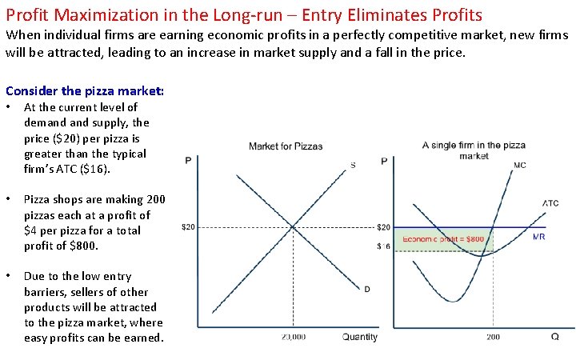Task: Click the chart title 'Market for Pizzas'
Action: tap(286, 146)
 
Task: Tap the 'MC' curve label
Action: tap(520, 166)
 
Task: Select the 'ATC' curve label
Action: tap(550, 203)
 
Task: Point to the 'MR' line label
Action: tap(540, 236)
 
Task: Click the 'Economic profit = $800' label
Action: tap(443, 238)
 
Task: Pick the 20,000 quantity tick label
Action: tap(294, 337)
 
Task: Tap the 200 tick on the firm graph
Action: tap(493, 337)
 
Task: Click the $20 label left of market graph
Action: tap(188, 227)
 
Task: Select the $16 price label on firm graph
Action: tap(384, 246)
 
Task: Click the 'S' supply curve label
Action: tap(353, 166)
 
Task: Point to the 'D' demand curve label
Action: tap(366, 289)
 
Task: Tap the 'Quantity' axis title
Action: tap(359, 337)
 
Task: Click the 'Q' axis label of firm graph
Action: tap(555, 337)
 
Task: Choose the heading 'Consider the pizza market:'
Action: tap(85, 91)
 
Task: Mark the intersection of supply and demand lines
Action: tap(293, 227)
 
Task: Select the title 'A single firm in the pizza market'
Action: tap(474, 150)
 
